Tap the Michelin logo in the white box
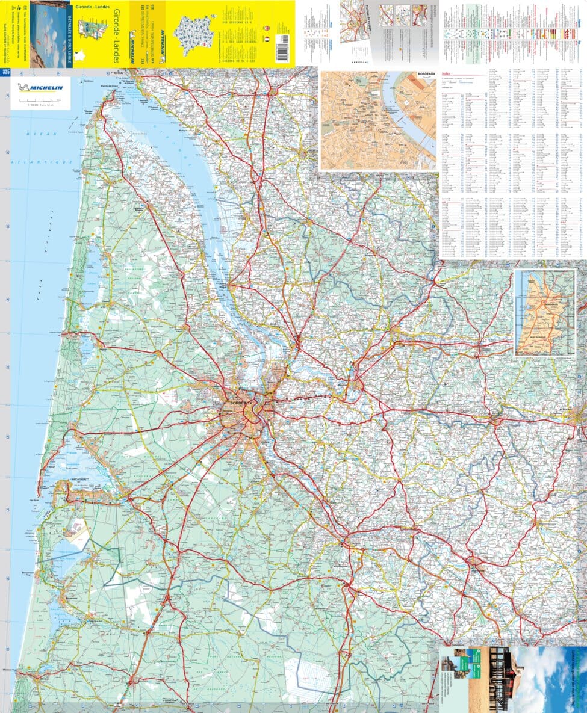[x=40, y=88]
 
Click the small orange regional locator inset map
[x=545, y=313]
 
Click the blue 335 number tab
[x=5, y=73]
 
